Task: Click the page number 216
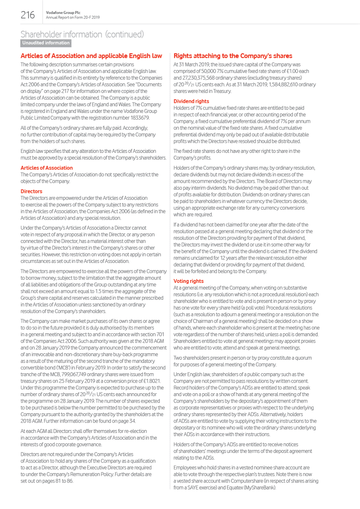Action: pyautogui.click(x=27, y=15)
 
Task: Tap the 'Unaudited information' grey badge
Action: pyautogui.click(x=46, y=43)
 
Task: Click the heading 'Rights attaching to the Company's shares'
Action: pyautogui.click(x=233, y=56)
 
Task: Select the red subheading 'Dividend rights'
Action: pyautogui.click(x=191, y=101)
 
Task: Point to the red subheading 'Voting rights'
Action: pyautogui.click(x=189, y=281)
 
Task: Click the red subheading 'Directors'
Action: pyautogui.click(x=31, y=191)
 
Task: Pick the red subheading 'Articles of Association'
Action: pyautogui.click(x=47, y=168)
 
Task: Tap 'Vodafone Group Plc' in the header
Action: pyautogui.click(x=63, y=13)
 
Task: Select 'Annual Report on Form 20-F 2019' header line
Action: pyautogui.click(x=73, y=18)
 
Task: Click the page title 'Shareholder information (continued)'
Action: pyautogui.click(x=82, y=34)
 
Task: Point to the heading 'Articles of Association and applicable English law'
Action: pyautogui.click(x=91, y=56)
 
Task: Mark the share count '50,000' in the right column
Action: pyautogui.click(x=209, y=71)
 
